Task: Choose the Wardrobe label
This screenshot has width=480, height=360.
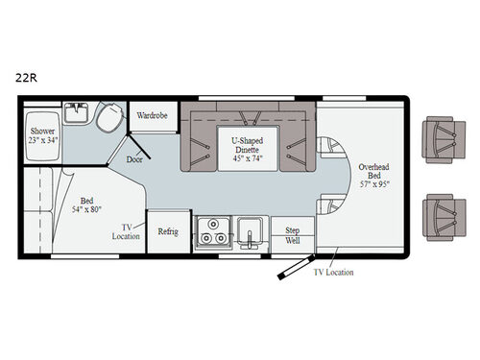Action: [x=151, y=115]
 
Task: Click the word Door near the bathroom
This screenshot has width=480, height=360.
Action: [x=134, y=161]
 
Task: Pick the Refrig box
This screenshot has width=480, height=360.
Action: [x=168, y=230]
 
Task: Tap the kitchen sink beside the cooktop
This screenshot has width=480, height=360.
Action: [x=249, y=233]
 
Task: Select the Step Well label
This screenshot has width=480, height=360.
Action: [x=292, y=235]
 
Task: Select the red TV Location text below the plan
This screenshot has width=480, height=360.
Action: [x=333, y=273]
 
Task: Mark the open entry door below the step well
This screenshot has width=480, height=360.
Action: [x=292, y=265]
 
